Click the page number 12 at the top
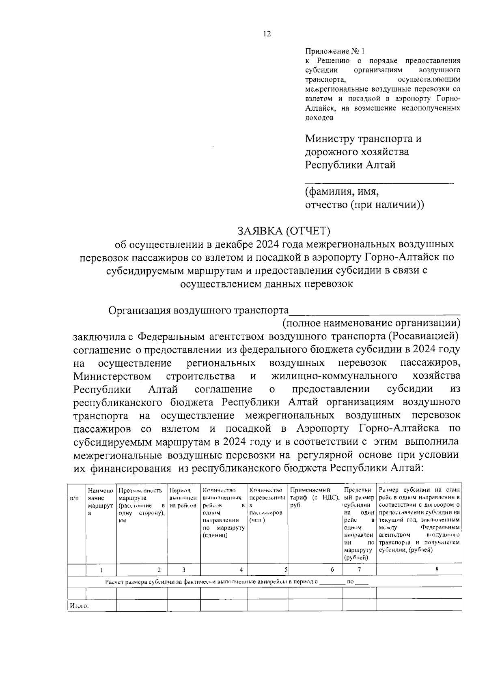point(267,34)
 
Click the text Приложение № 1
point(335,51)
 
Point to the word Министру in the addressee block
point(330,139)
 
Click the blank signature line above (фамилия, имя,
point(379,183)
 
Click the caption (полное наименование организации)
point(371,323)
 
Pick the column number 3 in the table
point(183,570)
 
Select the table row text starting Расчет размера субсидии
point(211,582)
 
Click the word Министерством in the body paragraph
point(112,376)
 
